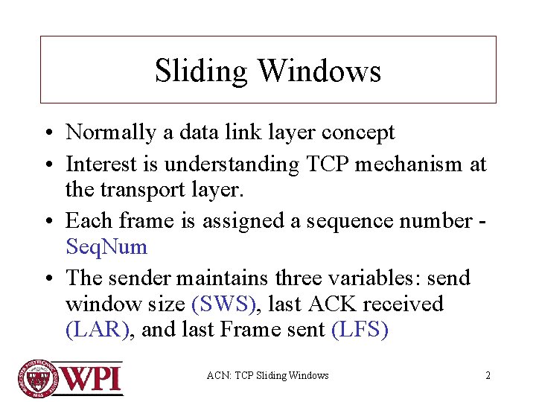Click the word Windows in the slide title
coord(319,71)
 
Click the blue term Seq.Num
coord(106,246)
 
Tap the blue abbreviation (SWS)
coord(226,304)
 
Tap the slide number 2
coord(488,375)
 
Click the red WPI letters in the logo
coord(90,378)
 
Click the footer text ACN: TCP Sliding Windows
coord(267,375)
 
